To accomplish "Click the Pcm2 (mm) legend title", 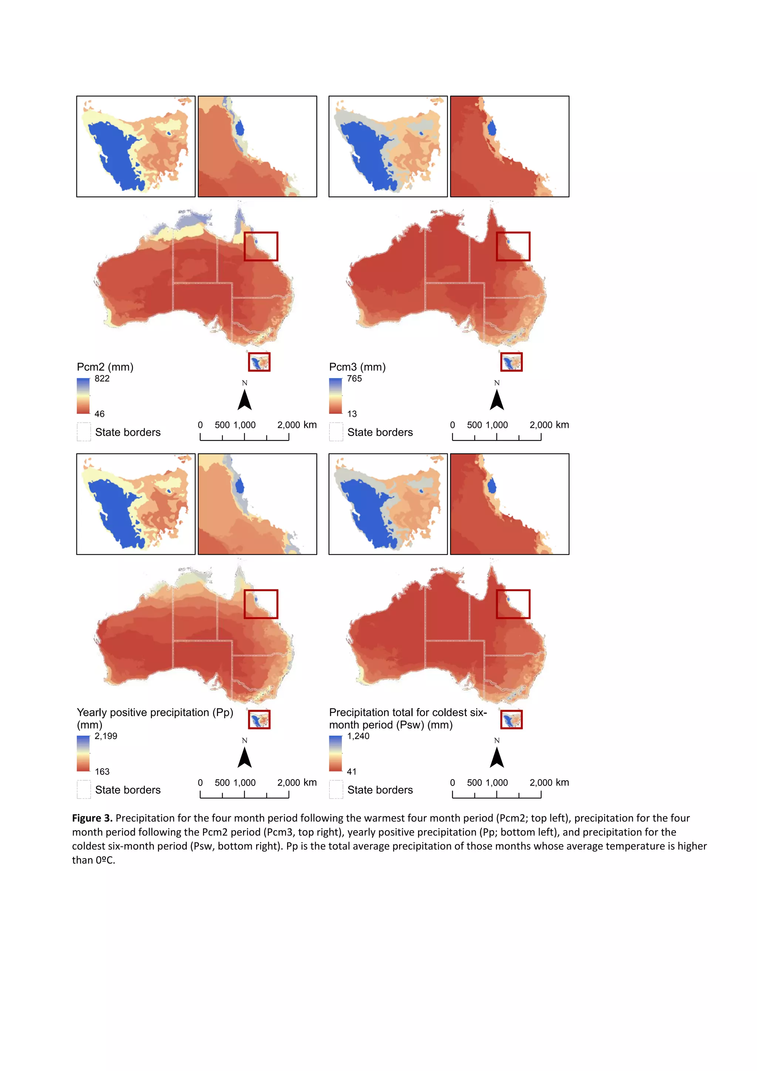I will (105, 367).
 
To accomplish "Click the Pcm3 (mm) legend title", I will (357, 367).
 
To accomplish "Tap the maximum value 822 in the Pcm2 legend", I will (102, 378).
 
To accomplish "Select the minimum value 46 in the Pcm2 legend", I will (99, 414).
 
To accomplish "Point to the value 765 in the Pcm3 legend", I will (354, 378).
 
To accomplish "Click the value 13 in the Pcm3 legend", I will (352, 414).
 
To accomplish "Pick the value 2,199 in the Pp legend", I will (106, 736).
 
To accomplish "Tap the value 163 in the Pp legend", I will (102, 771).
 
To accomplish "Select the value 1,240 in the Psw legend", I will (358, 736).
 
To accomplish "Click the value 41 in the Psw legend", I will (352, 771).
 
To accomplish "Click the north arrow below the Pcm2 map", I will (245, 400).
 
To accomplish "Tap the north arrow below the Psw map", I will (497, 757).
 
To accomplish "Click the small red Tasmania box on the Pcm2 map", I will (259, 362).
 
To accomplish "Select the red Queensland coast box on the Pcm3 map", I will (513, 246).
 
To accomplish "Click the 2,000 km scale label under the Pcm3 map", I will (549, 425).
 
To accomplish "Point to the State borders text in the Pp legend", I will (128, 790).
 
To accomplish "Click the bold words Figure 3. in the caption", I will (92, 818).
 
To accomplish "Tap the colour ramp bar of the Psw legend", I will (335, 753).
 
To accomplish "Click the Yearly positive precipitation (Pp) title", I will (155, 713).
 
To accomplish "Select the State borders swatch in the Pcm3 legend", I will (336, 432).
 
